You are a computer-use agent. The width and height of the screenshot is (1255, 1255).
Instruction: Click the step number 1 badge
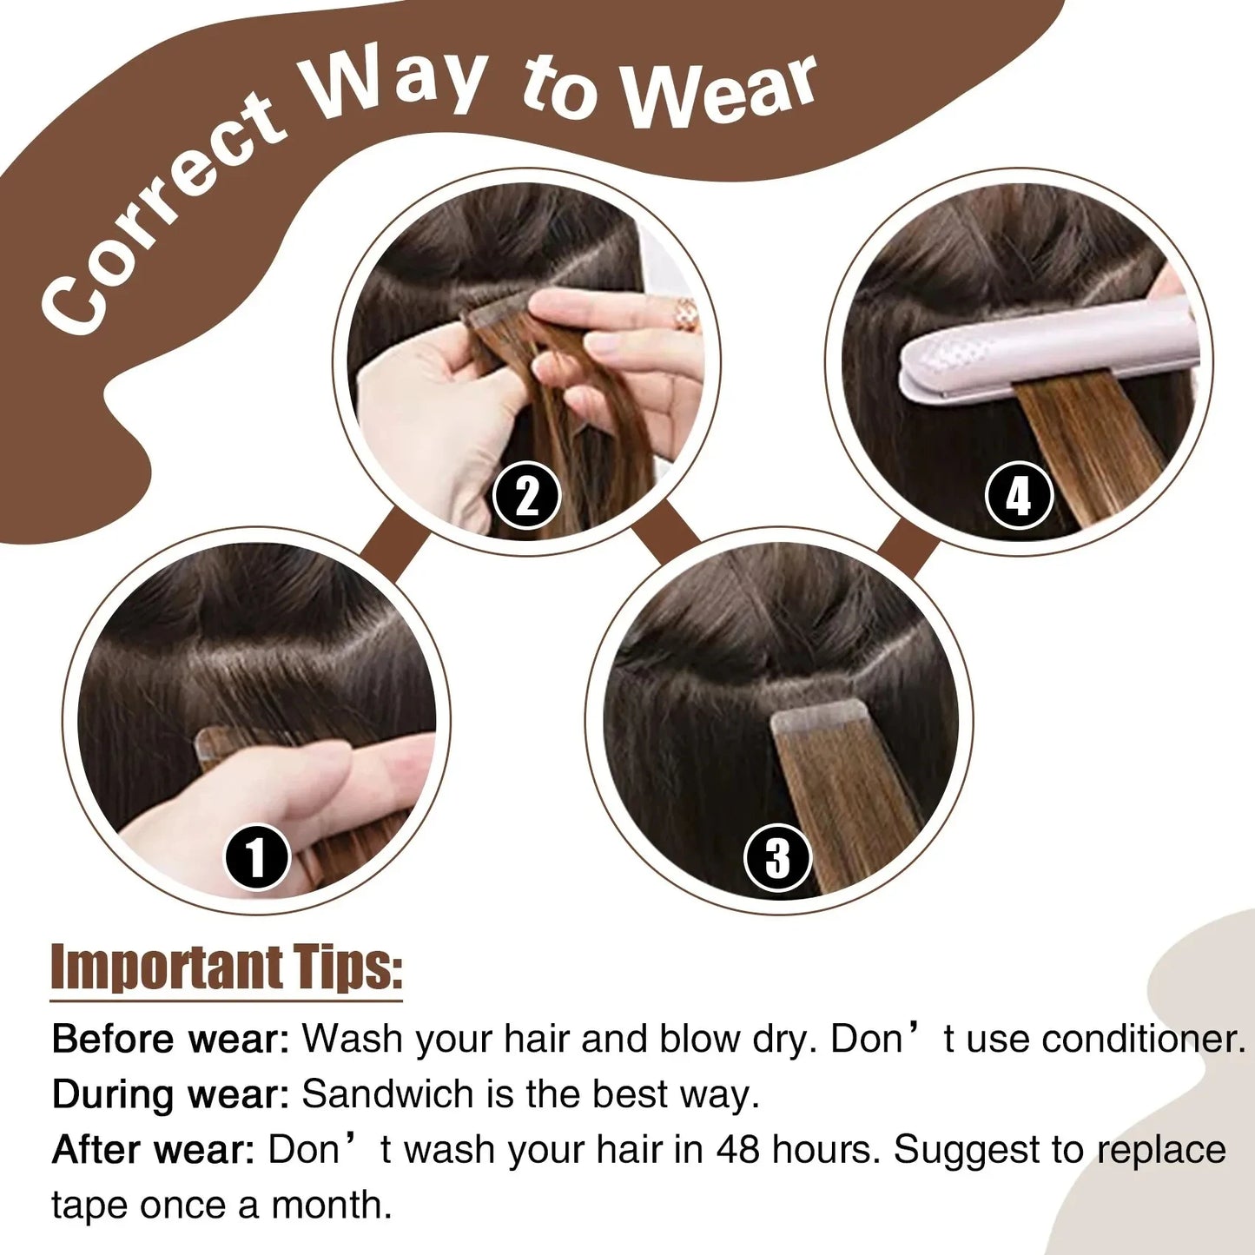click(x=256, y=857)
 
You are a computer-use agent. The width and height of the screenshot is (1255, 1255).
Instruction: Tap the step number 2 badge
click(x=526, y=496)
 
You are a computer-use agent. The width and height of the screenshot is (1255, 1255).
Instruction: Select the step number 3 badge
click(x=777, y=857)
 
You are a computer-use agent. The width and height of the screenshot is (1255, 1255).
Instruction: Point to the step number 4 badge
click(x=1019, y=496)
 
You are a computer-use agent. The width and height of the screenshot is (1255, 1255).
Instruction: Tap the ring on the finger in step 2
click(x=686, y=314)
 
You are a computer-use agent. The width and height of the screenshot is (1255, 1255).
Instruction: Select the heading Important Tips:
click(x=227, y=967)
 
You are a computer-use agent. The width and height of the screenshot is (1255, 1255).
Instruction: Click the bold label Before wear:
click(x=170, y=1039)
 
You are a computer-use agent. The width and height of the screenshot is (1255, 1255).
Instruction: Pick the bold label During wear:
click(x=170, y=1094)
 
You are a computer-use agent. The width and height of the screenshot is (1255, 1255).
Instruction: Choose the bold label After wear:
click(x=153, y=1150)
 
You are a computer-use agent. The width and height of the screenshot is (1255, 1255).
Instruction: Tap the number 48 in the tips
click(x=737, y=1150)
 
